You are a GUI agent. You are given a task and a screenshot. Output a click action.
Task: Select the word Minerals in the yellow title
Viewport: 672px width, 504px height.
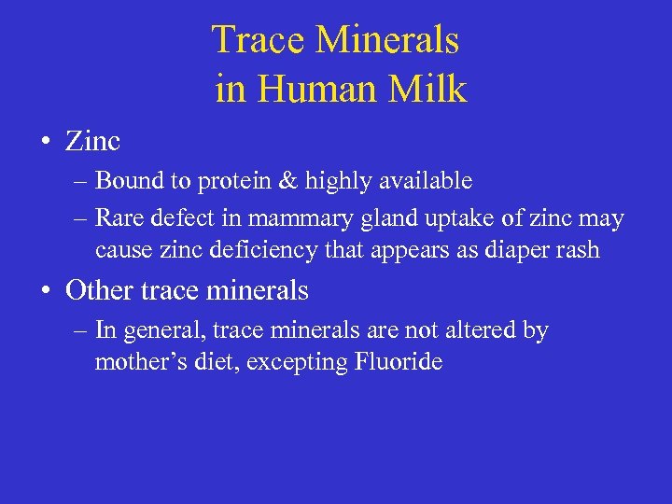387,41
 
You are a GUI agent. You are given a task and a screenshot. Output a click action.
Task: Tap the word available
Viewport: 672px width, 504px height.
422,180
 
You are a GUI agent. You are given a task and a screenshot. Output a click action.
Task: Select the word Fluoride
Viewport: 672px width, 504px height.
399,362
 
